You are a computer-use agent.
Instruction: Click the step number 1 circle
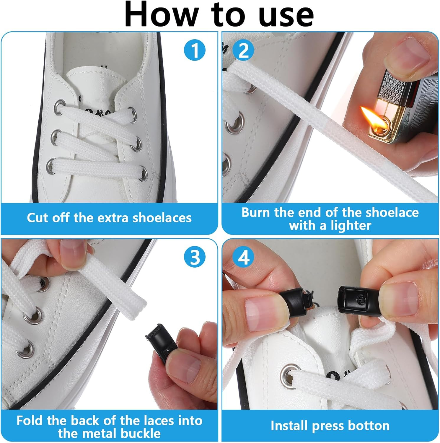(195, 50)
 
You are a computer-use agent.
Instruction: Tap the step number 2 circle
(244, 51)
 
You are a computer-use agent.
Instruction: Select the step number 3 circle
(195, 257)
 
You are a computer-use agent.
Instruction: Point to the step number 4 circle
(244, 257)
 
